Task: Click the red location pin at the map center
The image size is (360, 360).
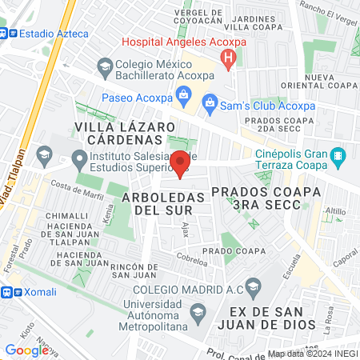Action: pyautogui.click(x=180, y=162)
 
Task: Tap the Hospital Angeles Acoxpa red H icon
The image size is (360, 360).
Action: pyautogui.click(x=229, y=58)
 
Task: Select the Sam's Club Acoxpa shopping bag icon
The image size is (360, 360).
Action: pyautogui.click(x=210, y=102)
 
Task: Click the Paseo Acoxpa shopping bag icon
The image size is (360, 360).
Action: pyautogui.click(x=184, y=98)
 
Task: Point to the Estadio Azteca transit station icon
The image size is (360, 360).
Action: pyautogui.click(x=7, y=34)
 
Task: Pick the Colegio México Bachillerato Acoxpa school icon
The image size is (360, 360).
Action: pyautogui.click(x=103, y=65)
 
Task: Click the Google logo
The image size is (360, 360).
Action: pyautogui.click(x=26, y=350)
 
